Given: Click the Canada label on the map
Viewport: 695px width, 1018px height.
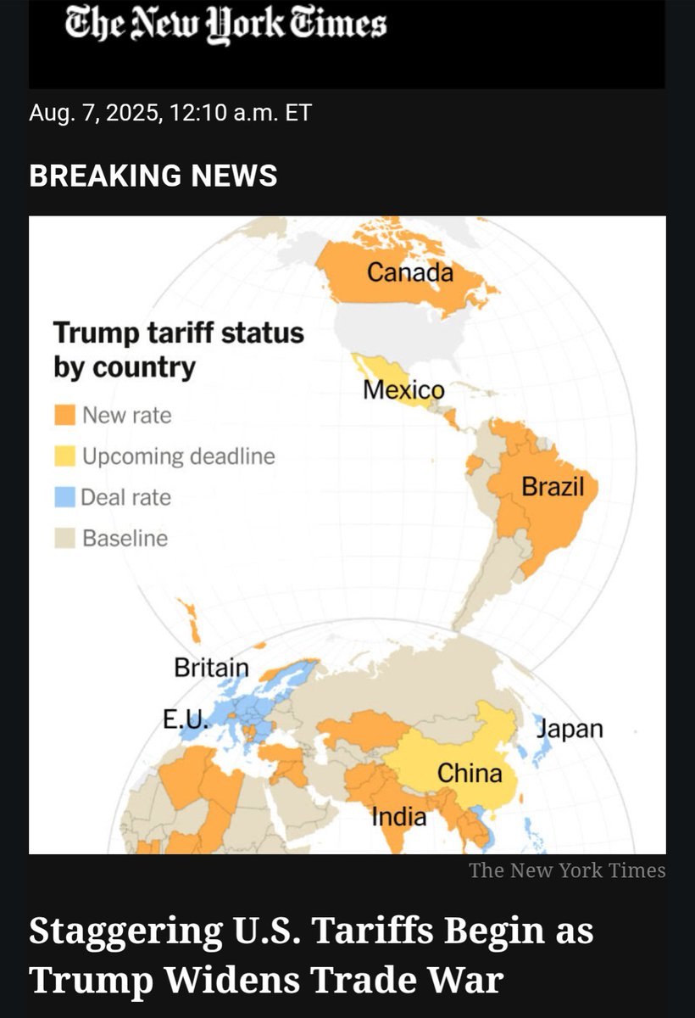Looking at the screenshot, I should tap(409, 273).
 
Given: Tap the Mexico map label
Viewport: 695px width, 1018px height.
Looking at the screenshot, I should tap(403, 390).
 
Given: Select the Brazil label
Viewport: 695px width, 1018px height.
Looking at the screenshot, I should tap(553, 487).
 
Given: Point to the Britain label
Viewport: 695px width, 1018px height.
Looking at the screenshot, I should tap(211, 668).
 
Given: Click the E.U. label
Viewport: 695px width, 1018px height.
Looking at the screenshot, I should tap(185, 721).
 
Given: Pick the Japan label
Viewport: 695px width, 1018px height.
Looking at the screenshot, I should tap(570, 729).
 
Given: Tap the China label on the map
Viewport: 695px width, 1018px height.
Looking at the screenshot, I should tap(470, 773).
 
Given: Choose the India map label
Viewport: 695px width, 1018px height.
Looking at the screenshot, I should tap(398, 817).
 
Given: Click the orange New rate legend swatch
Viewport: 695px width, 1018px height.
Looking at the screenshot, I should tap(64, 416).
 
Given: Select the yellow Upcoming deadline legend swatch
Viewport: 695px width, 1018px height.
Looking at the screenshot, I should tap(64, 456).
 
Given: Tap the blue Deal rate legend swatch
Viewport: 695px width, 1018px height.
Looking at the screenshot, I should tap(64, 497).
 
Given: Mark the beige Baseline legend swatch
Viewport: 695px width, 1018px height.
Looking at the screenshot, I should tap(64, 538).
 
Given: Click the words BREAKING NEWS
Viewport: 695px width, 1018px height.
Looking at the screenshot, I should tap(153, 176).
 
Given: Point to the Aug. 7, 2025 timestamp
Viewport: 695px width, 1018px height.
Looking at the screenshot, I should tap(170, 113).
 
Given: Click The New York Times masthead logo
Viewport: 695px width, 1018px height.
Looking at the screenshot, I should tap(226, 25).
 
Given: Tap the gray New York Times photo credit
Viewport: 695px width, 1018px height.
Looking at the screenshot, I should tap(567, 870).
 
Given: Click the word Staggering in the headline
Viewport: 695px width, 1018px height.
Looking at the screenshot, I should tap(136, 931).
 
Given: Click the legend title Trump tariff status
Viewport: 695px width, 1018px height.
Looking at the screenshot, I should tap(178, 332).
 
